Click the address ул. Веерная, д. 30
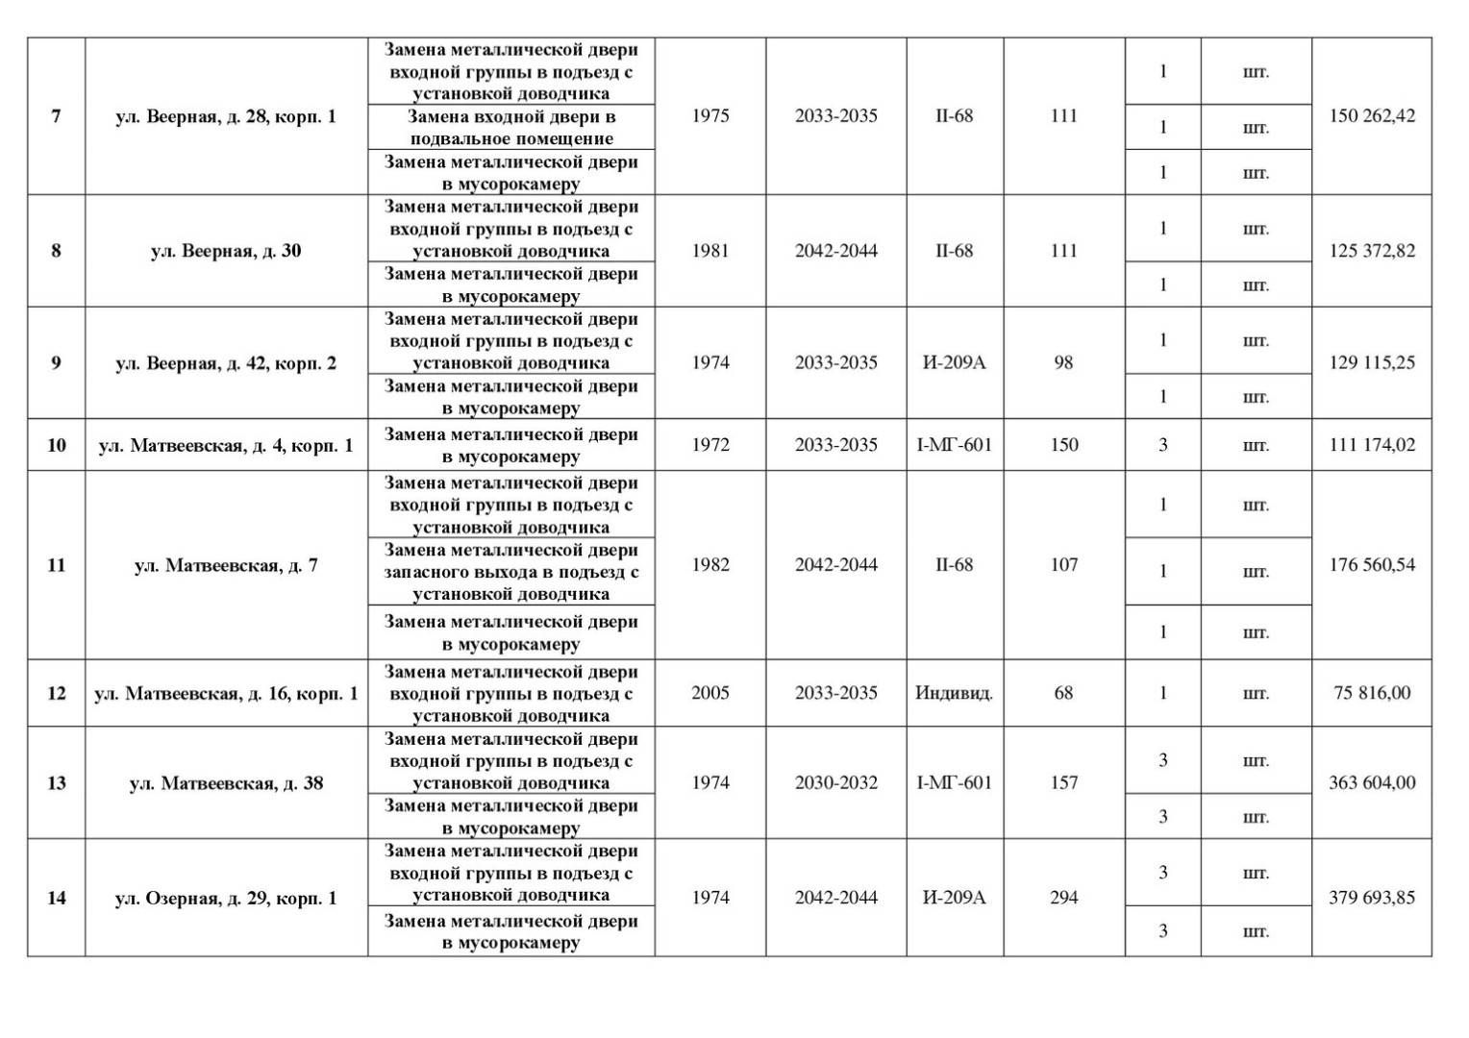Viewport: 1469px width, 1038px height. (x=226, y=251)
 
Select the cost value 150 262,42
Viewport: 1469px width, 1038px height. (x=1372, y=115)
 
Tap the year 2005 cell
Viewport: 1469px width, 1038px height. (x=710, y=692)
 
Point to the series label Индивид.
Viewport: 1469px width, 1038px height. (x=954, y=692)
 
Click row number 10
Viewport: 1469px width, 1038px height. (x=57, y=445)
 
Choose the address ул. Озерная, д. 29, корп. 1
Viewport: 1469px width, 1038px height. (x=226, y=898)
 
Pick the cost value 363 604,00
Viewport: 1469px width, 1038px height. (x=1372, y=782)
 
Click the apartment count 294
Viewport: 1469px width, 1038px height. (x=1063, y=897)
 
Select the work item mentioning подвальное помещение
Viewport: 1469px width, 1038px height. (x=510, y=127)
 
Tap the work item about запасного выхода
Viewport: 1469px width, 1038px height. (x=510, y=571)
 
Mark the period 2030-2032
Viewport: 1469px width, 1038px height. (x=835, y=782)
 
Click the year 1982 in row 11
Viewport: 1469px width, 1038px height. (x=710, y=564)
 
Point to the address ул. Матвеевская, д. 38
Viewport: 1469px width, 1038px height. (x=226, y=783)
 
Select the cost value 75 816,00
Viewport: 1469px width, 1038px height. (x=1372, y=692)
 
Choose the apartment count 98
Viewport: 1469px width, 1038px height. (x=1063, y=362)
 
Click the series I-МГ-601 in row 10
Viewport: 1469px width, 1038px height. (x=954, y=444)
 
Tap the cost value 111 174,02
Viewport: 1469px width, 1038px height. (x=1372, y=444)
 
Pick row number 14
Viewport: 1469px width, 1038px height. (x=57, y=898)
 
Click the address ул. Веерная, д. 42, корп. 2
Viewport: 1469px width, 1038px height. (x=226, y=363)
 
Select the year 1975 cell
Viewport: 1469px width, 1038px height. (x=710, y=115)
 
